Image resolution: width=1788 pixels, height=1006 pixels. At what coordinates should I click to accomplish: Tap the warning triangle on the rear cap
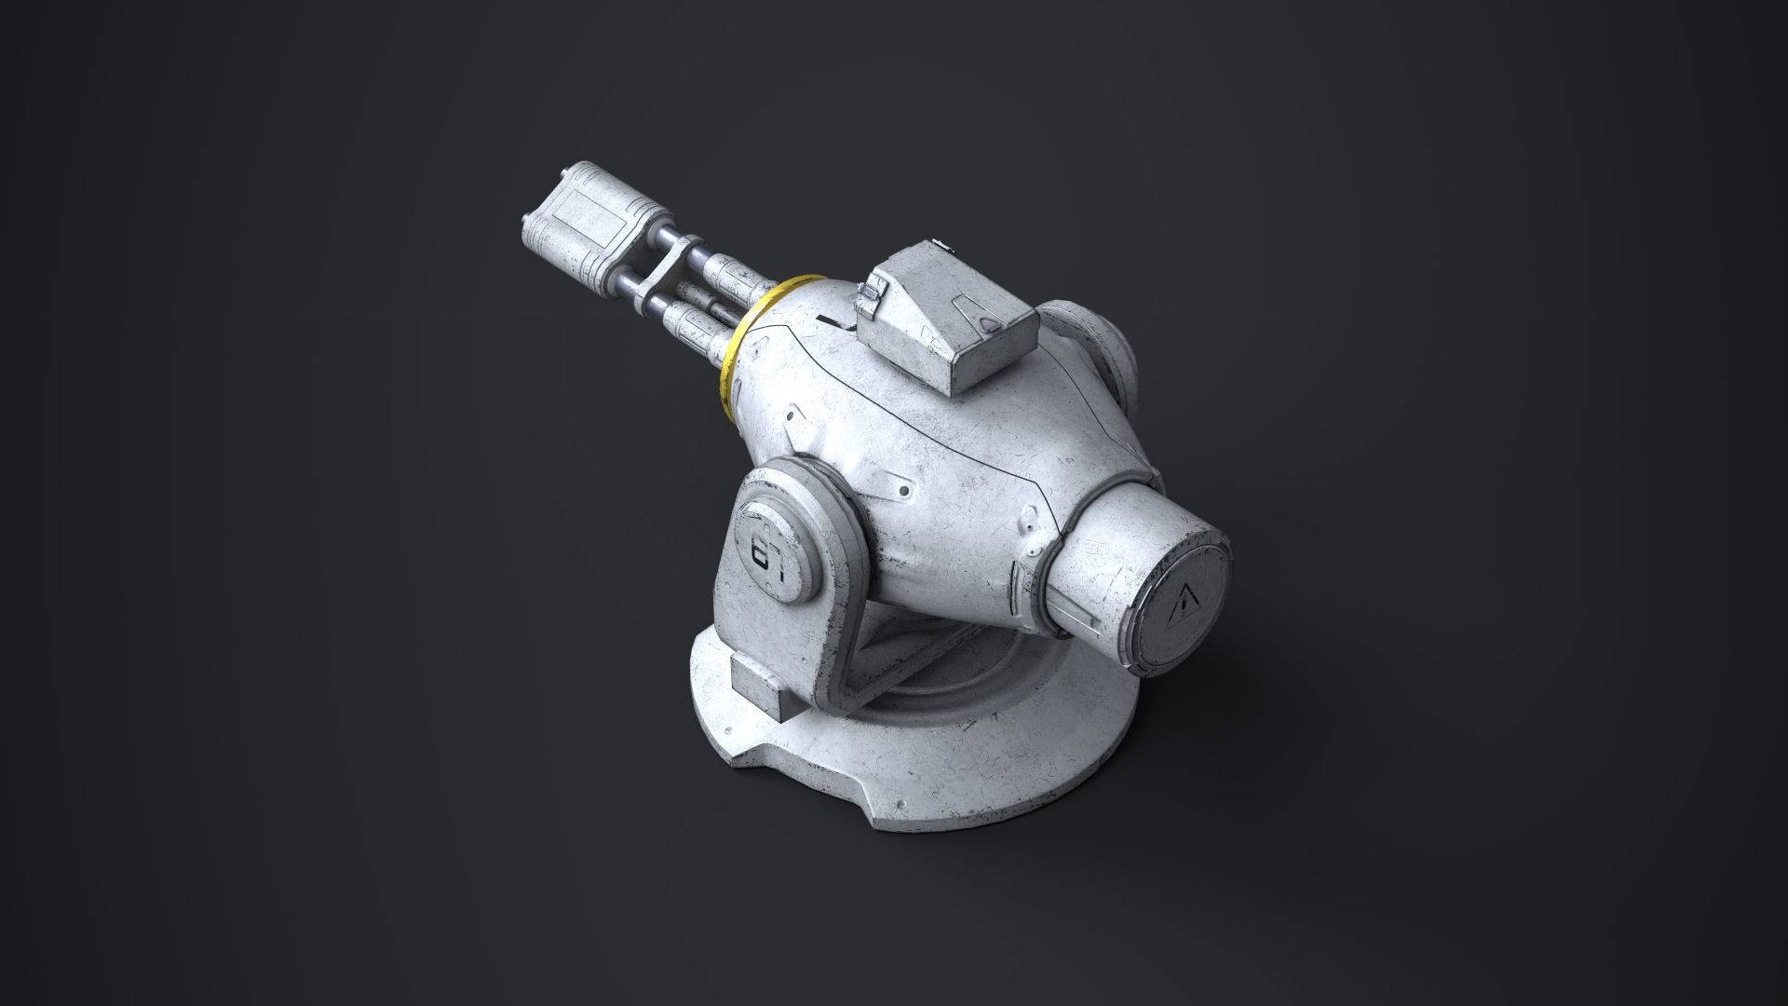tap(1181, 605)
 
